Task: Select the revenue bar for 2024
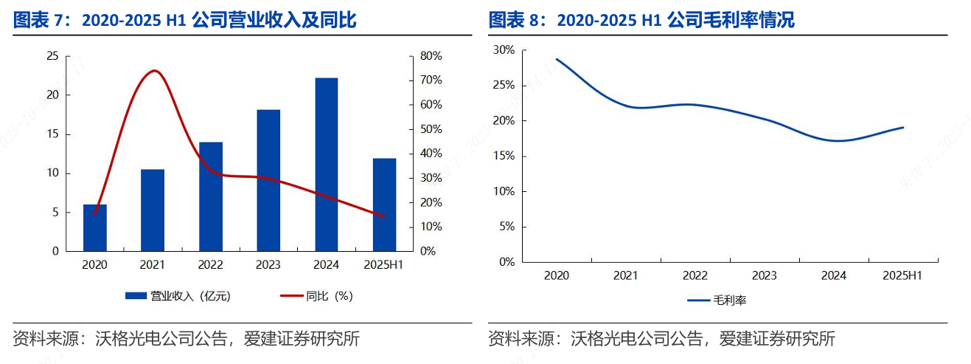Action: coord(327,164)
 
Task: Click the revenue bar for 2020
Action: coord(94,227)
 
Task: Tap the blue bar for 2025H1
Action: coord(384,205)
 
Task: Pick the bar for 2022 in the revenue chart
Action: coord(211,196)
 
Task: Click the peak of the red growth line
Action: coord(154,71)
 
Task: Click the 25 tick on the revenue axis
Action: coord(52,56)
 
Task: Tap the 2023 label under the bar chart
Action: coord(268,264)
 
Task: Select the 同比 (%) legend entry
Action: coord(316,296)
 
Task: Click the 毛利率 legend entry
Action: coord(717,301)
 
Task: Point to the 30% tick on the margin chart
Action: coord(504,50)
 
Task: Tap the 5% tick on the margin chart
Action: coord(507,227)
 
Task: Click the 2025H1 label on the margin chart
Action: coord(903,275)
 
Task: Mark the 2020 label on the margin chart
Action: coord(557,275)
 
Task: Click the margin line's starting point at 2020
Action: coord(557,59)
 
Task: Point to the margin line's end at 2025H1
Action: coord(903,128)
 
